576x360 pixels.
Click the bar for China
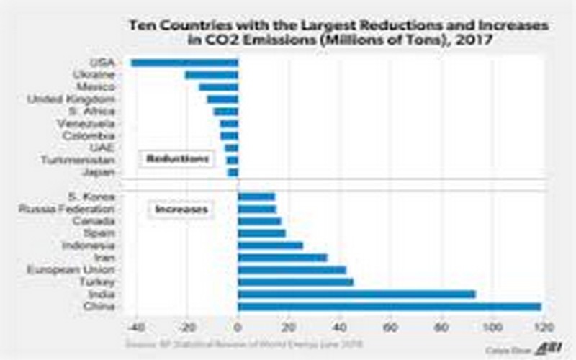(389, 307)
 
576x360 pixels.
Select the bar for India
(356, 294)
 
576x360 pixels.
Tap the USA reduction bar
(184, 63)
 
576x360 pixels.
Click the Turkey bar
(295, 282)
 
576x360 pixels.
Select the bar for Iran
(282, 257)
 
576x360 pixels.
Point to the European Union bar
(292, 269)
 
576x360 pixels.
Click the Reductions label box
(176, 158)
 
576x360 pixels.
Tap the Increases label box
(179, 210)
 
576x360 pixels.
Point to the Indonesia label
(89, 245)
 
